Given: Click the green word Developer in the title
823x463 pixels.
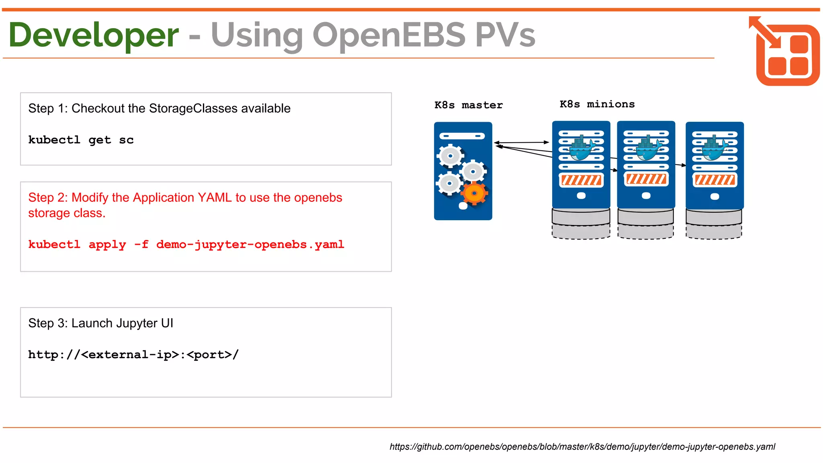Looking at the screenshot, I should (93, 35).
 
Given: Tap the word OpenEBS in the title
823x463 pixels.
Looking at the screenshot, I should (389, 35).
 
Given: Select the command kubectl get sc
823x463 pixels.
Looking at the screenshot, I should (81, 140).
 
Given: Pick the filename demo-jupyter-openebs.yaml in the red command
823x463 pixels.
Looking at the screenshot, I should (250, 244).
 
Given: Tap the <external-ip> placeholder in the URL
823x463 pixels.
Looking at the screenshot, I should (130, 354).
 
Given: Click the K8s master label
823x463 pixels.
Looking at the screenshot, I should (469, 105).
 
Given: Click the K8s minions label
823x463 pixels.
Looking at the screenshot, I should (597, 104).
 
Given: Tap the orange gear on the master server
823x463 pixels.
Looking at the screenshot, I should (474, 193).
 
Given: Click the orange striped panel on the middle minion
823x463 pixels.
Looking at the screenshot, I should (646, 179).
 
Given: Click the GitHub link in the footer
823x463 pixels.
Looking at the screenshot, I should (582, 447).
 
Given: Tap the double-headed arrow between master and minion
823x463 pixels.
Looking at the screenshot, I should (521, 142).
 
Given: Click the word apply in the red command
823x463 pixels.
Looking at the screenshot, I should (107, 244).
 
